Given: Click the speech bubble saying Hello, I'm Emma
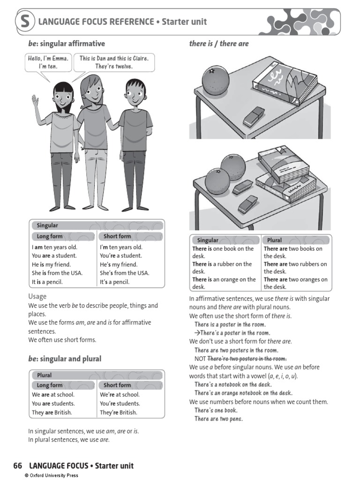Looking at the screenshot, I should (x=48, y=62).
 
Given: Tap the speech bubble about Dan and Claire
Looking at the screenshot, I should (x=114, y=62).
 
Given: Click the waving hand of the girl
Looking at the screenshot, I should (x=35, y=101).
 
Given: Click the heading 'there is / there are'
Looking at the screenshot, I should (x=219, y=44).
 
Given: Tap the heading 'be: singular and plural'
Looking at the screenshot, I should (x=65, y=359).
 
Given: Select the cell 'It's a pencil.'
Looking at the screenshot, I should (x=114, y=282).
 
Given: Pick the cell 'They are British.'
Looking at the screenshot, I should (x=52, y=412).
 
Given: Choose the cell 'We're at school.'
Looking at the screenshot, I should (x=120, y=395).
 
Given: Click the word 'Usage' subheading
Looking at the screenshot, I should (x=37, y=296).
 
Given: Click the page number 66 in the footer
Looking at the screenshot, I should (x=18, y=465).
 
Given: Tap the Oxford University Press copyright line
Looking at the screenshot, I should (x=52, y=475).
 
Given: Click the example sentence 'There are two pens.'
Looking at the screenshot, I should (x=218, y=419).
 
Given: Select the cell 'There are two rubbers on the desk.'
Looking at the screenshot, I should (x=295, y=268).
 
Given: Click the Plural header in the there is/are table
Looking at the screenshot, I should (x=275, y=240).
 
